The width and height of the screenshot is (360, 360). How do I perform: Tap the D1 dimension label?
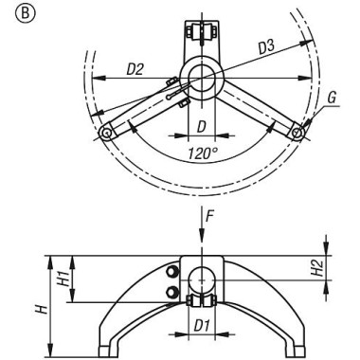coord(201,328)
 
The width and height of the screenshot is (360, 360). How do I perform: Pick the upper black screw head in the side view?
coord(173,273)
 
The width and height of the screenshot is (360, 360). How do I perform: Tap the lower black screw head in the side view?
coord(173,292)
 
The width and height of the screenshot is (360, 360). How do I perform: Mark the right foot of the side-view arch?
coord(299,352)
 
